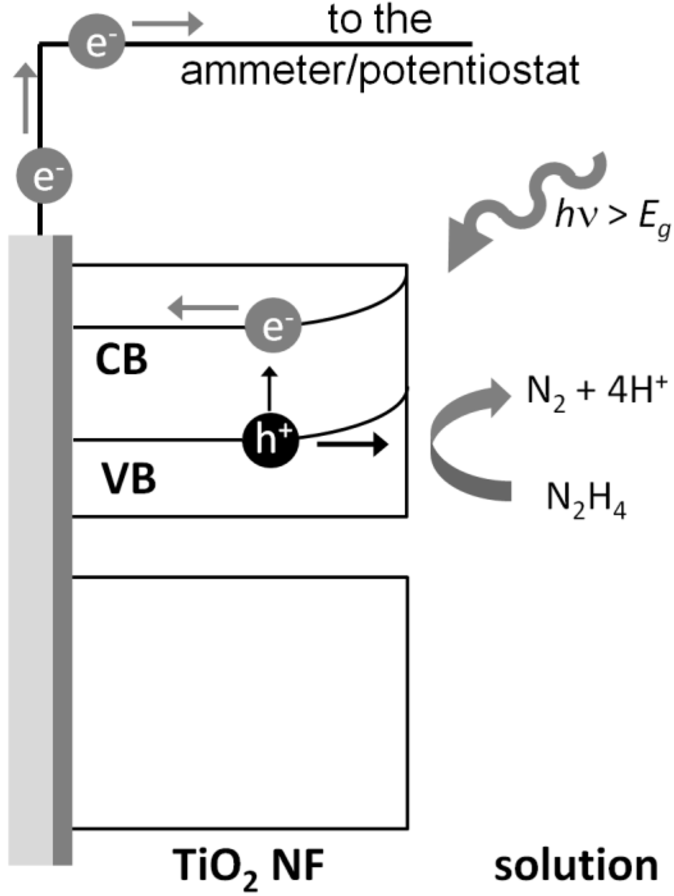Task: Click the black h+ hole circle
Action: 271,440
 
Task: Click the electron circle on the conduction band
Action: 273,326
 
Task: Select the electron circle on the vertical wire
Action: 44,176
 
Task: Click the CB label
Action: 122,360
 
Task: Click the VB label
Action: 129,478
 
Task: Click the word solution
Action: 576,866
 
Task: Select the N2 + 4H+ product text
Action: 596,392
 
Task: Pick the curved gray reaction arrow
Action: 461,444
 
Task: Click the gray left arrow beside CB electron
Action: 203,307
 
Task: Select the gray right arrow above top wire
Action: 167,24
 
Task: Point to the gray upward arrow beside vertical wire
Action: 25,99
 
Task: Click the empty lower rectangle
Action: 240,702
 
